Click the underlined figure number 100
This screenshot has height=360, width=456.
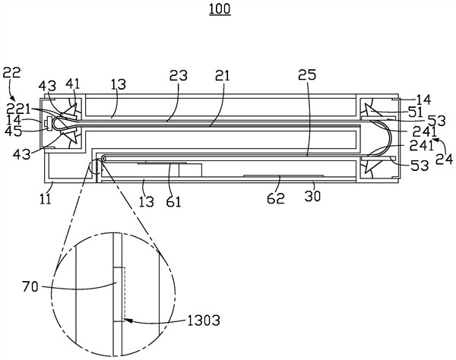click(220, 9)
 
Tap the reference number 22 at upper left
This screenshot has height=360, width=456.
click(12, 73)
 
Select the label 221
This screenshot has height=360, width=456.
click(18, 109)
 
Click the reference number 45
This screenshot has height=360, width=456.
click(13, 131)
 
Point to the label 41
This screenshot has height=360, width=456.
click(72, 84)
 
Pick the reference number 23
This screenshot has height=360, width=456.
click(179, 75)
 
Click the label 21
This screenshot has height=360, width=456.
click(223, 75)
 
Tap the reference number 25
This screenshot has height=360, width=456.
click(307, 75)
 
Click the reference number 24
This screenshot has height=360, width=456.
click(445, 159)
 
